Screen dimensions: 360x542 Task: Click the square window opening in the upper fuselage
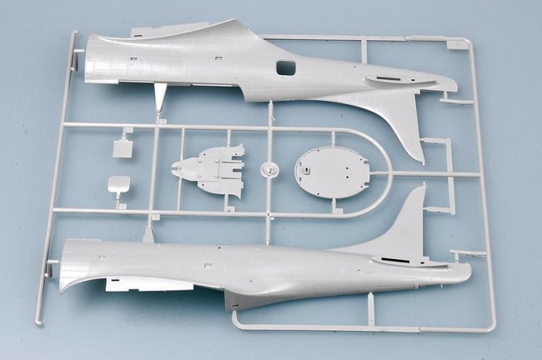pos(285,67)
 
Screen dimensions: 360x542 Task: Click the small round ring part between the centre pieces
pos(268,171)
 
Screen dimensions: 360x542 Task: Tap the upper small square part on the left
pos(123,148)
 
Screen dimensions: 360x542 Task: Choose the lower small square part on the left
pos(118,185)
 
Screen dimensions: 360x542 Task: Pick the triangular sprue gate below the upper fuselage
pos(159,97)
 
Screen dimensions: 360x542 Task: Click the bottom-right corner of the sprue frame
pos(492,327)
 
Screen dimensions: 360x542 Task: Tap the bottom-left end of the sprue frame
pos(38,321)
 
